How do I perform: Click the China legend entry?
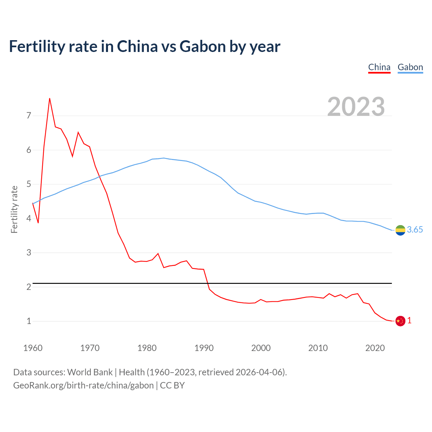pyautogui.click(x=379, y=67)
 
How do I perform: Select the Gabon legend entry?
pyautogui.click(x=410, y=67)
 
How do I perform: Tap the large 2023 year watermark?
pyautogui.click(x=356, y=107)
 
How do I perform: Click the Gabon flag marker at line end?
pyautogui.click(x=400, y=230)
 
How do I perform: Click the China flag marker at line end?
pyautogui.click(x=400, y=321)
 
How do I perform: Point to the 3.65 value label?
pyautogui.click(x=415, y=230)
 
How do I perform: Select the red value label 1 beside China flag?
pyautogui.click(x=409, y=321)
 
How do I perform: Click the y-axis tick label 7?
pyautogui.click(x=29, y=116)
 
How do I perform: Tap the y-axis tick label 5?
pyautogui.click(x=29, y=184)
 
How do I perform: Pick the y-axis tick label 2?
pyautogui.click(x=29, y=287)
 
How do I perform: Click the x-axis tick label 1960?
pyautogui.click(x=33, y=348)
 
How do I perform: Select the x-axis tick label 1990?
pyautogui.click(x=204, y=348)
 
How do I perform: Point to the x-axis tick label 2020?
pyautogui.click(x=375, y=348)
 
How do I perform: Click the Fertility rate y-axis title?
pyautogui.click(x=14, y=209)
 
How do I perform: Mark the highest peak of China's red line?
pyautogui.click(x=50, y=99)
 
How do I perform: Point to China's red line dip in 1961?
pyautogui.click(x=38, y=223)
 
